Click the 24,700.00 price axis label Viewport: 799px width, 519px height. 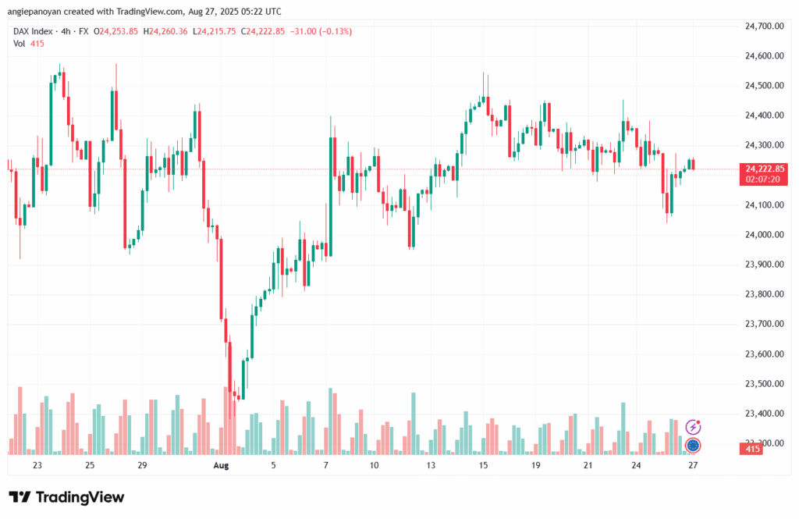click(x=765, y=27)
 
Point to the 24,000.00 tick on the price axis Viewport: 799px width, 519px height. click(x=765, y=235)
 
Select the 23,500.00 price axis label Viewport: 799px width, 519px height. click(x=765, y=384)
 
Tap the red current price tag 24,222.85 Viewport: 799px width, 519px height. click(x=765, y=169)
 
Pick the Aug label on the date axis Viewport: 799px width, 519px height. click(x=222, y=465)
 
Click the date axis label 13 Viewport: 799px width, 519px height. click(x=431, y=465)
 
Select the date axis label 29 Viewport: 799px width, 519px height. click(x=143, y=465)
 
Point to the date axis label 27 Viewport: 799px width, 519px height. click(x=693, y=465)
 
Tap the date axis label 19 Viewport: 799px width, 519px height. click(x=536, y=465)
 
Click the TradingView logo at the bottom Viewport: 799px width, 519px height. click(x=66, y=497)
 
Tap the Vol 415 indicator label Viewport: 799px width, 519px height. click(x=29, y=44)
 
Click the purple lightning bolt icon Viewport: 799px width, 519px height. click(x=693, y=427)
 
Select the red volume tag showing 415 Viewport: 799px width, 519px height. click(x=751, y=449)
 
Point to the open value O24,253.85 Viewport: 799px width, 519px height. click(x=116, y=31)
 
